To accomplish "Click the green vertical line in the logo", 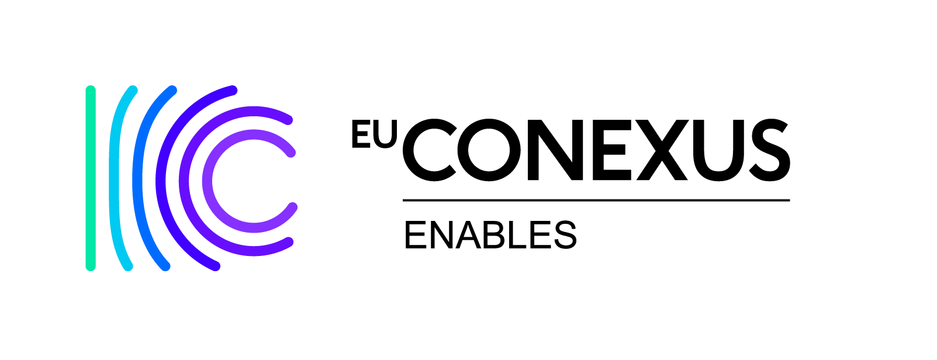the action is point(91,178).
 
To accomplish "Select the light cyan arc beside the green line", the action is point(114,178).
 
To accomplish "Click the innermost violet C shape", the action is point(208,181).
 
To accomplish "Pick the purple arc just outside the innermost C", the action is point(184,181).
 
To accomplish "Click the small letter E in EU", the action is point(359,134).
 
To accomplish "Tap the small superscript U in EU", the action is point(383,134).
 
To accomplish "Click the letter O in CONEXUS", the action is point(489,150).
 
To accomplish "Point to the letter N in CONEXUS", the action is point(555,150).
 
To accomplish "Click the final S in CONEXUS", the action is point(769,150).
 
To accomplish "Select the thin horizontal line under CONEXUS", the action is point(596,200).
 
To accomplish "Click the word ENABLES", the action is point(490,235).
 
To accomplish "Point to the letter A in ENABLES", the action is point(468,235).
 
